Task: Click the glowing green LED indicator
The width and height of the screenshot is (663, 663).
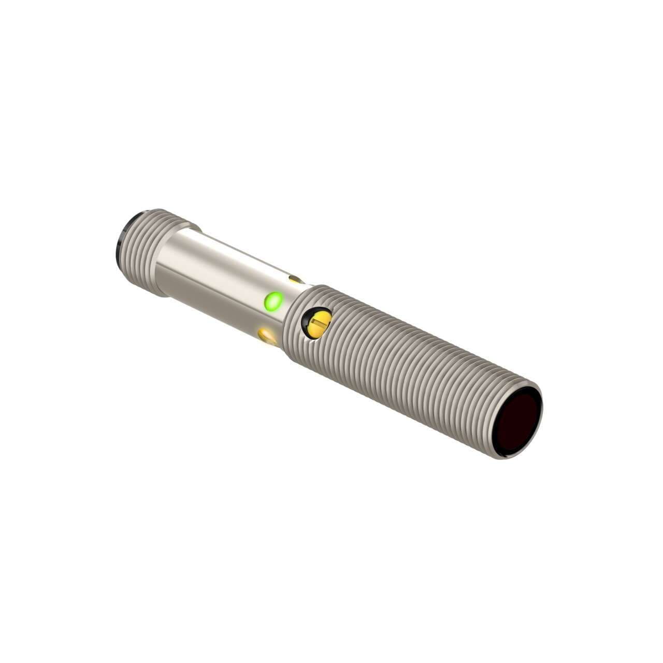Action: click(x=273, y=301)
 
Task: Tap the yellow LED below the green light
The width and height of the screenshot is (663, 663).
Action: click(x=268, y=335)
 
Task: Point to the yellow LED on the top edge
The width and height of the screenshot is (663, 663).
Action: click(x=296, y=280)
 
